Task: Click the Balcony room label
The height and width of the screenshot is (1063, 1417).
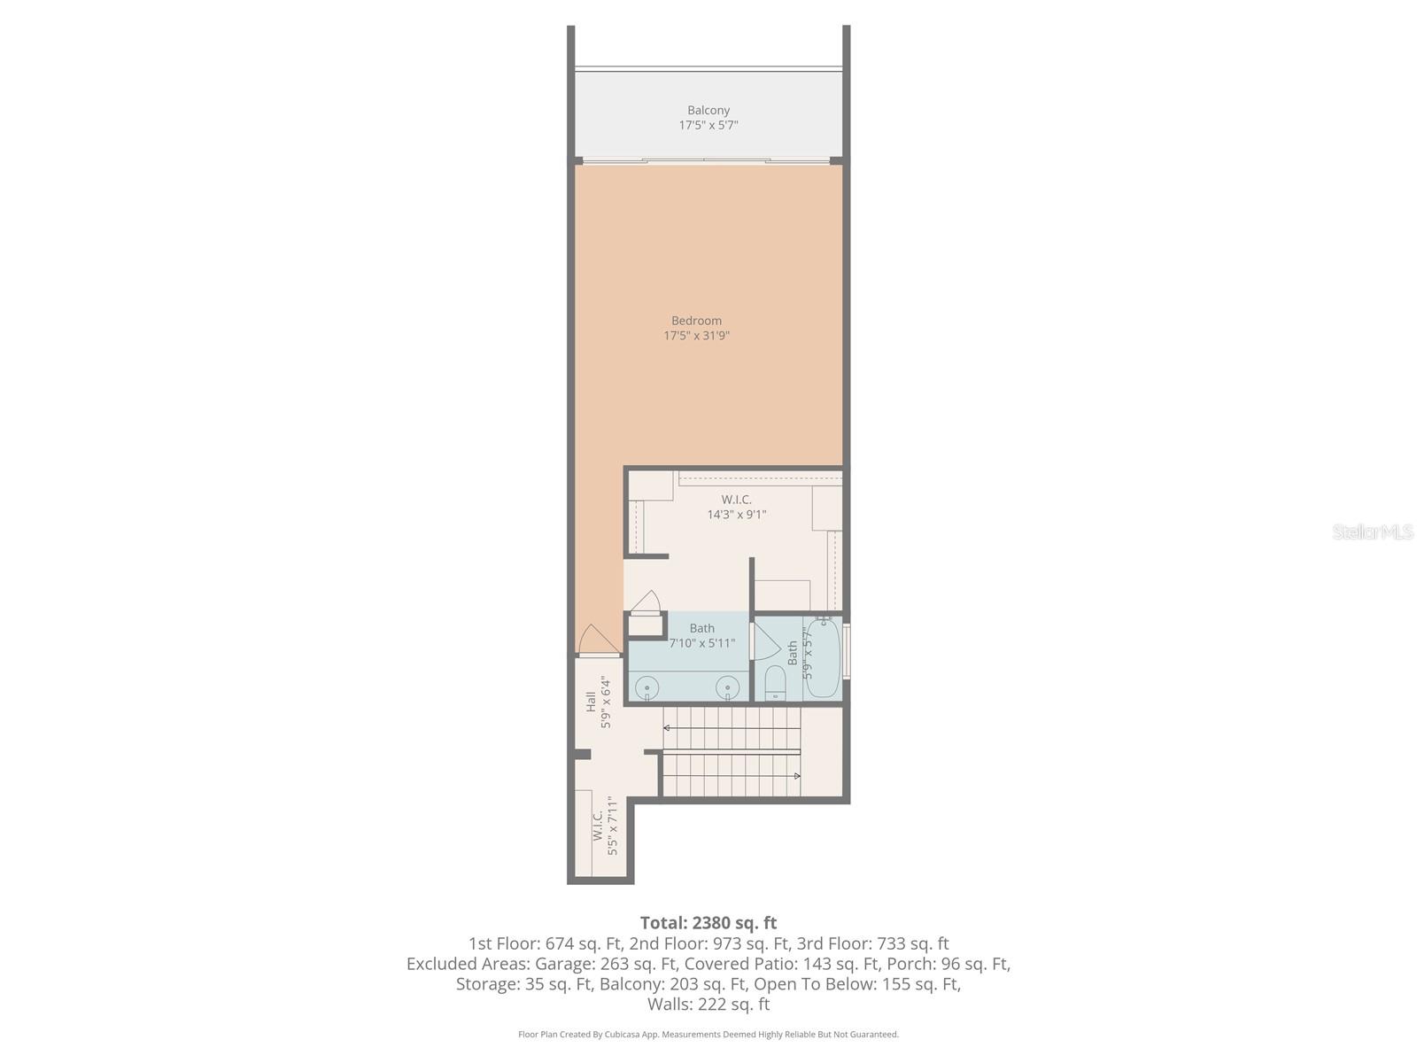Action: (x=708, y=111)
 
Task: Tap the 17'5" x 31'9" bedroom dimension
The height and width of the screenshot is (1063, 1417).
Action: (x=696, y=336)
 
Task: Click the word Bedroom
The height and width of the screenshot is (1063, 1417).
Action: (x=696, y=321)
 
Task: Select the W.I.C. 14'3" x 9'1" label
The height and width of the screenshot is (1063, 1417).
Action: (x=736, y=507)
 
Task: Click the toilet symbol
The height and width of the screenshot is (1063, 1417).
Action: (x=775, y=683)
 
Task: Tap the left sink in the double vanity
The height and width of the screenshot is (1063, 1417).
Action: (x=648, y=687)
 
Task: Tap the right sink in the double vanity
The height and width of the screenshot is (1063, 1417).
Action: (x=728, y=687)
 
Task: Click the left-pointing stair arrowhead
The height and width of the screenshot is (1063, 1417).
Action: (x=667, y=727)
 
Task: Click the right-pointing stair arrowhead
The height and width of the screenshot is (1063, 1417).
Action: (x=797, y=776)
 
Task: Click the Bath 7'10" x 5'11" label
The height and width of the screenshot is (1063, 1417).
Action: (x=701, y=636)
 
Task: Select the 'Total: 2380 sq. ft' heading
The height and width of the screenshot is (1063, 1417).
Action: (x=708, y=923)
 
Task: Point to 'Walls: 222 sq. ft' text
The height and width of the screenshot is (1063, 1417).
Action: (x=708, y=1005)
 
